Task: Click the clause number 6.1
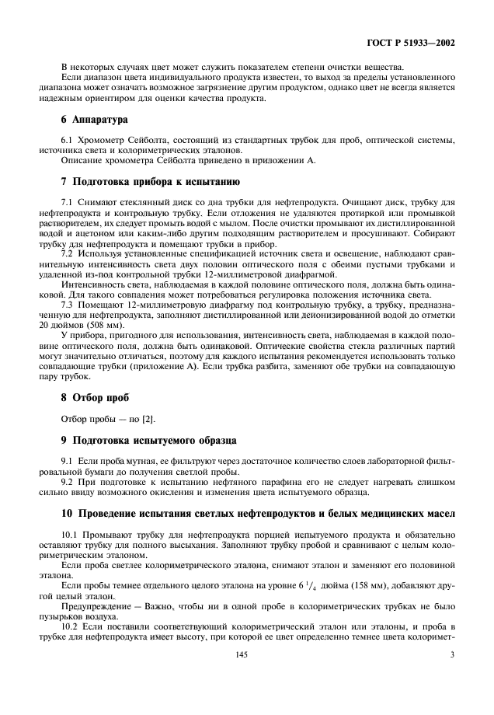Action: [68, 140]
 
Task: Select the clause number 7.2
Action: [68, 253]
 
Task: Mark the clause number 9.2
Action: [68, 481]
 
